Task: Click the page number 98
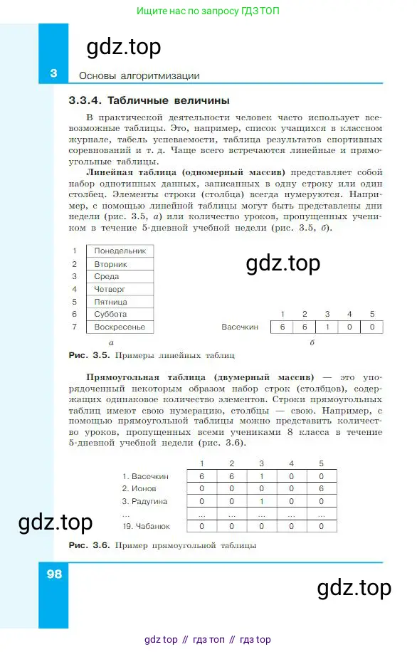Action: [54, 574]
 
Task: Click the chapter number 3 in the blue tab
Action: [53, 74]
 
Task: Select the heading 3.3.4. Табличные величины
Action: [149, 100]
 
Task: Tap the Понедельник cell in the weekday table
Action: [120, 251]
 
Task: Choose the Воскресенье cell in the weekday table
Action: [120, 327]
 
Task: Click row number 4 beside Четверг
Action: [74, 289]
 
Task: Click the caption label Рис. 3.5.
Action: [87, 354]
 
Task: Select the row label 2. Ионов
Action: [138, 489]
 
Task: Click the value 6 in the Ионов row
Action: [321, 489]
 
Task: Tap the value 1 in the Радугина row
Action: [261, 501]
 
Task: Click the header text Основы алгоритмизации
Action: [139, 75]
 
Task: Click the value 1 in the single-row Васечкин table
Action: [327, 327]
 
